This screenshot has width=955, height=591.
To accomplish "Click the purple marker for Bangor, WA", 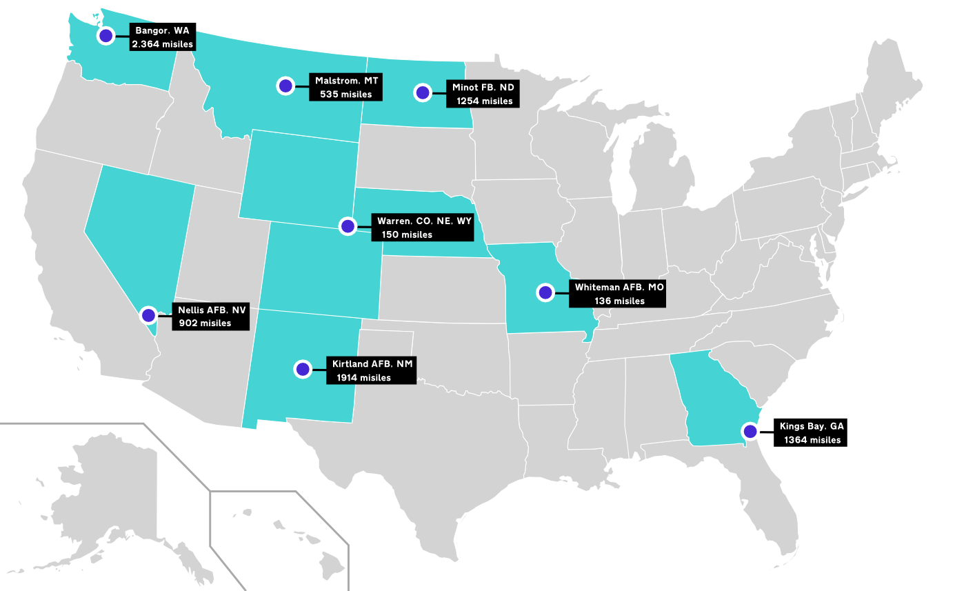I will (105, 36).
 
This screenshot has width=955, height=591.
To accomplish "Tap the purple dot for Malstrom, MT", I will (285, 86).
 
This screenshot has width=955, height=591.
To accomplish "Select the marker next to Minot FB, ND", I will (422, 92).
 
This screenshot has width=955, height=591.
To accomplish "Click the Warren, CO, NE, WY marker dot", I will (348, 226).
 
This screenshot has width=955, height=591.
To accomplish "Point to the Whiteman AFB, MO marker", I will (545, 292).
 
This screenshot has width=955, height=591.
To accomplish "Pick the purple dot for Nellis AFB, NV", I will (148, 315).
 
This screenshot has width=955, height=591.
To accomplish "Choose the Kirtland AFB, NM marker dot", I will (302, 369).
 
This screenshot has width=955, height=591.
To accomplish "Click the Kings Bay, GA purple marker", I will (750, 432).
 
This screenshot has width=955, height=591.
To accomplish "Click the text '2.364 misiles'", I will (163, 43).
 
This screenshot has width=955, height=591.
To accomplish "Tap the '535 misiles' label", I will (345, 94).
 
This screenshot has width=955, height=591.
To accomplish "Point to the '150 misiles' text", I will (407, 234).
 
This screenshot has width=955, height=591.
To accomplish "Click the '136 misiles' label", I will (619, 301).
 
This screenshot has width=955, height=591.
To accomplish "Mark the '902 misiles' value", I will (205, 323).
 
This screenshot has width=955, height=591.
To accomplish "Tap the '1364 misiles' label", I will (811, 440).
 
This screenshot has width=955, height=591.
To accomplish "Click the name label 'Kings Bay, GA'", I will (812, 426).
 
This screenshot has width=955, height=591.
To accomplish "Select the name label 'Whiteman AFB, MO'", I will (619, 286).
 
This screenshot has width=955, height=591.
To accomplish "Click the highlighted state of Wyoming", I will (300, 176).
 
